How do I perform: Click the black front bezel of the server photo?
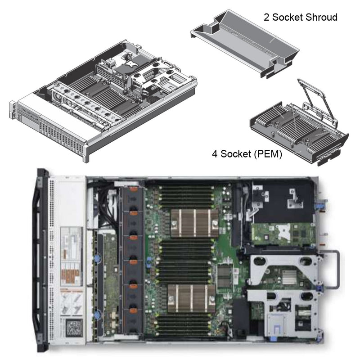(x=42, y=261)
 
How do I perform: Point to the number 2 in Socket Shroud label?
(x=267, y=18)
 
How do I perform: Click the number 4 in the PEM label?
(x=215, y=154)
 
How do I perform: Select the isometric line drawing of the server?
(x=101, y=103)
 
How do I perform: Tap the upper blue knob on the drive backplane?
(x=96, y=260)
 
